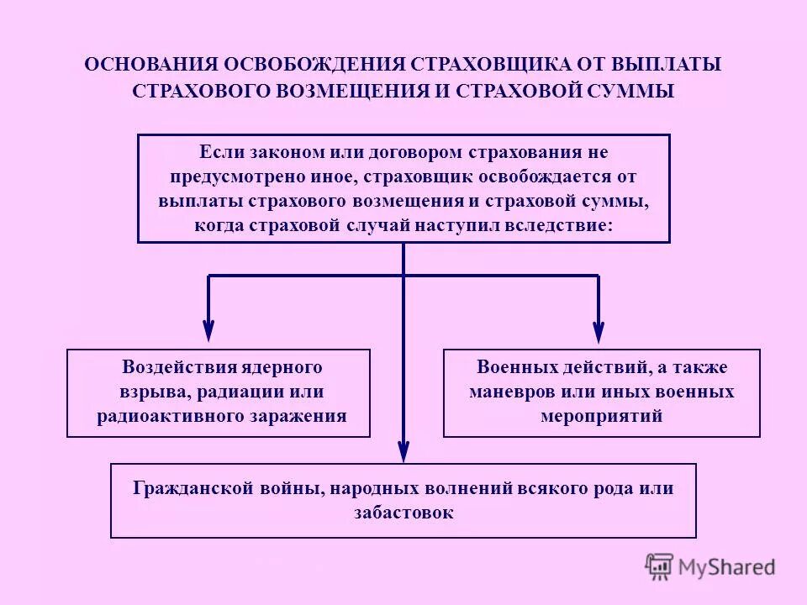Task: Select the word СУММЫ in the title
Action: (x=635, y=92)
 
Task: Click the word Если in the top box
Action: (x=215, y=153)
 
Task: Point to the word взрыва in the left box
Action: (x=139, y=392)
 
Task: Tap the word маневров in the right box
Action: (x=507, y=392)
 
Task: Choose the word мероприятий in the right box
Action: (x=601, y=416)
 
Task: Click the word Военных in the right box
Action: (x=511, y=367)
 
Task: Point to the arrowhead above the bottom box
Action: (x=403, y=451)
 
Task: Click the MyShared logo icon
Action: (x=660, y=566)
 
